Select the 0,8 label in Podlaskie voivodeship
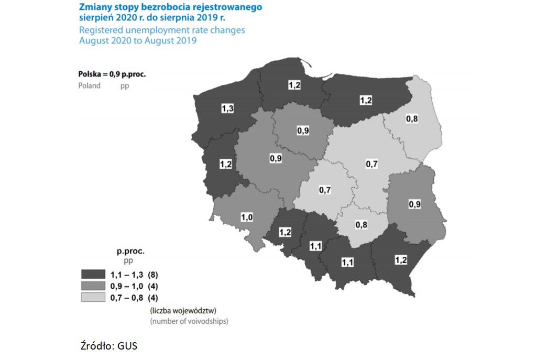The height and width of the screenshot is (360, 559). [412, 119]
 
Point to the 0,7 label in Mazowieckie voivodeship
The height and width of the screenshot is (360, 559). [371, 165]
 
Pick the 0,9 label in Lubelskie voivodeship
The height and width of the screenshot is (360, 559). [414, 204]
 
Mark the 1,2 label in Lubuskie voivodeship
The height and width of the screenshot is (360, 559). [226, 165]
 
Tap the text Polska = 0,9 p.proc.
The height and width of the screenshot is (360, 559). [112, 74]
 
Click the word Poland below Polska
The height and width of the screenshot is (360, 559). [89, 85]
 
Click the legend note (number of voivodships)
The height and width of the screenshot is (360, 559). [189, 321]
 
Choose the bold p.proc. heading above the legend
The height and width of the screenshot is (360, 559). [130, 251]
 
